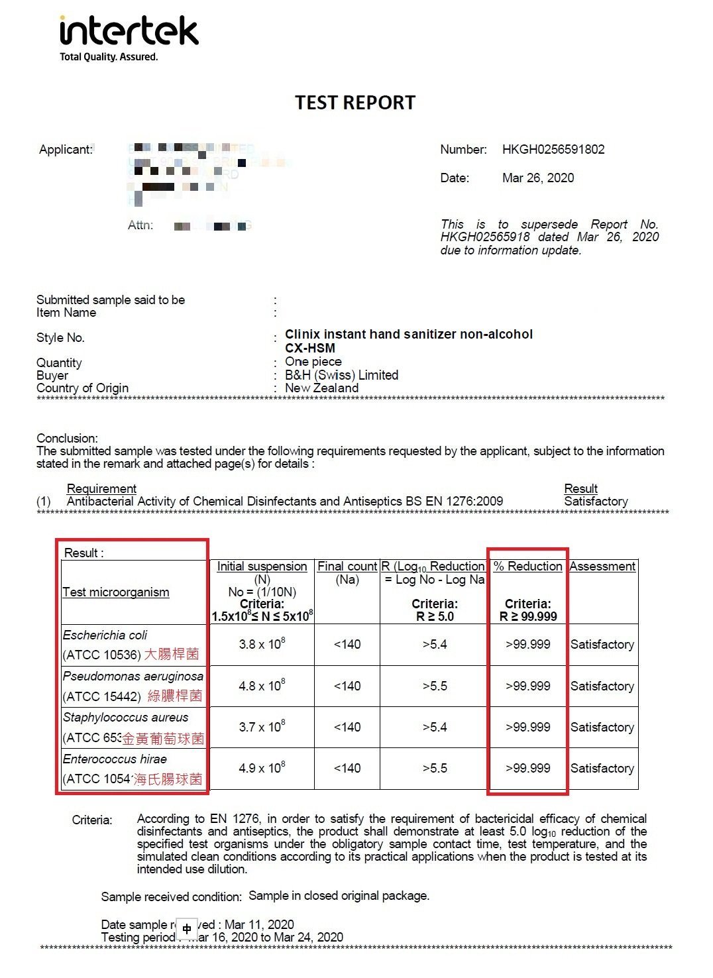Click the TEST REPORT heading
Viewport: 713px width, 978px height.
355,103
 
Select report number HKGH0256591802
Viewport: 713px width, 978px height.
553,150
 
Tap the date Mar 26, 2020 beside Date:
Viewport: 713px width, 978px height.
538,178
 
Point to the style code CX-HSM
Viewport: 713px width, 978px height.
310,348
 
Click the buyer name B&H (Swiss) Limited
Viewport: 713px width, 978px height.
341,375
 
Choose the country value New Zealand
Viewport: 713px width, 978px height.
321,388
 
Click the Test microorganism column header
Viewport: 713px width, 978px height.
116,592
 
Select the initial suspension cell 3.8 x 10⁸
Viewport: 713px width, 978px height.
262,644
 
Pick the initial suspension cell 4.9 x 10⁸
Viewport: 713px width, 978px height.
262,768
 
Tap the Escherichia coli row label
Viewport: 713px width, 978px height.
105,635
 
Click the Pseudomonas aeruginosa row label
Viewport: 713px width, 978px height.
133,677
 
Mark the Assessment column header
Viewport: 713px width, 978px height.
602,567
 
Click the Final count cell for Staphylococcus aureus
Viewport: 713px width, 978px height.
347,727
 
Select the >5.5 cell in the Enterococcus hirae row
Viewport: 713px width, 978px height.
435,768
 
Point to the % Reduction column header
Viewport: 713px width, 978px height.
528,567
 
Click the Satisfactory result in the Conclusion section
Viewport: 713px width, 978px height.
596,502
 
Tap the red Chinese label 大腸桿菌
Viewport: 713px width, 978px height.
172,655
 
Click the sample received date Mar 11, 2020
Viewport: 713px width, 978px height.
259,924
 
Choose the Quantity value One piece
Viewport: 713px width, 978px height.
313,362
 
